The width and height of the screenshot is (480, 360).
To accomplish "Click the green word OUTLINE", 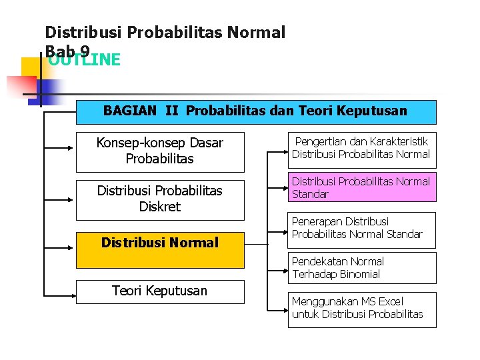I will click(84, 61).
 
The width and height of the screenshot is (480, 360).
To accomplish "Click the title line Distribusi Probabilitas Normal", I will click(165, 32).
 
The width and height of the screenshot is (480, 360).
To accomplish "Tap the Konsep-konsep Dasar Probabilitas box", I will click(160, 151).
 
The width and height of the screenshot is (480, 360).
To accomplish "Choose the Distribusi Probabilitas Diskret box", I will click(160, 199).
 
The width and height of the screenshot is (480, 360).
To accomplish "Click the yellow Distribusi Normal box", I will click(160, 243).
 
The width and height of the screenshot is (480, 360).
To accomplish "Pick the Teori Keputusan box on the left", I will click(160, 291).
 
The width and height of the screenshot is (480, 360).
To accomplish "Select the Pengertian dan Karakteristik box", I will click(361, 148).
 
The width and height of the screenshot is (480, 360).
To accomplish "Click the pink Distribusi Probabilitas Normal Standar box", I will click(361, 188).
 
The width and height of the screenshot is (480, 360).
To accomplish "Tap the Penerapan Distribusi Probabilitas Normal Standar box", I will click(361, 228).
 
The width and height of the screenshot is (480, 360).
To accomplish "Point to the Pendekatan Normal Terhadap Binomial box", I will click(361, 268).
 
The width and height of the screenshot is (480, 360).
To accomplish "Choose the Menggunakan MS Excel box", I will click(361, 309).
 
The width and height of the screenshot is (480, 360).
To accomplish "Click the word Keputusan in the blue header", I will click(374, 111).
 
